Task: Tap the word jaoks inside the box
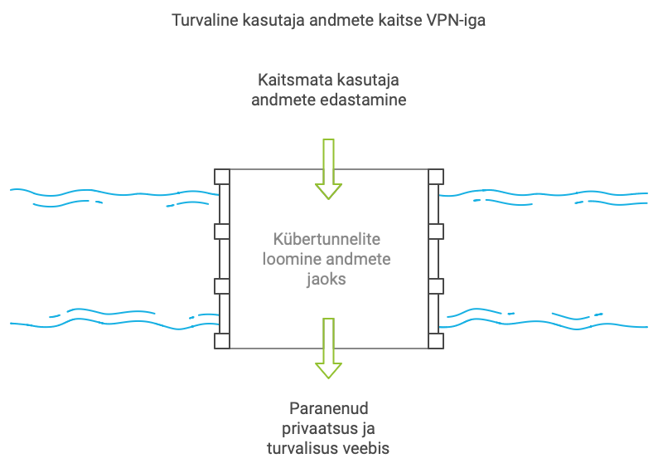327,280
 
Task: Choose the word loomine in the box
291,260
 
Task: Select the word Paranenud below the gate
328,409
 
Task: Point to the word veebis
368,449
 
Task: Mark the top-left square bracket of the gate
221,177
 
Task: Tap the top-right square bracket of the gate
436,177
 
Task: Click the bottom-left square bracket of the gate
221,340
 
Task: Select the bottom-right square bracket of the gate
436,340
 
